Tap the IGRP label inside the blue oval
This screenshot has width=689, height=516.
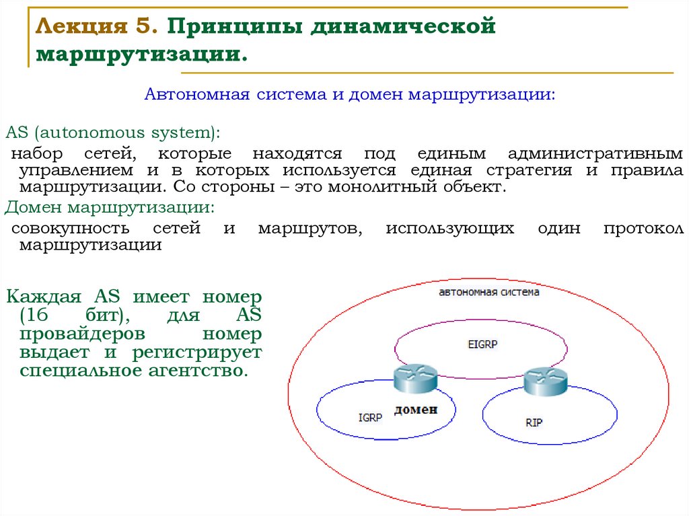[x=370, y=417]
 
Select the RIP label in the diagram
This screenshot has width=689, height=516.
[x=534, y=423]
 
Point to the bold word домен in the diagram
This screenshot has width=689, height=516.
[x=416, y=409]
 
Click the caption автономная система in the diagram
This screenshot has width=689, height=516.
[x=488, y=292]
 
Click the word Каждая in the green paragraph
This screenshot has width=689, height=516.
[x=44, y=297]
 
